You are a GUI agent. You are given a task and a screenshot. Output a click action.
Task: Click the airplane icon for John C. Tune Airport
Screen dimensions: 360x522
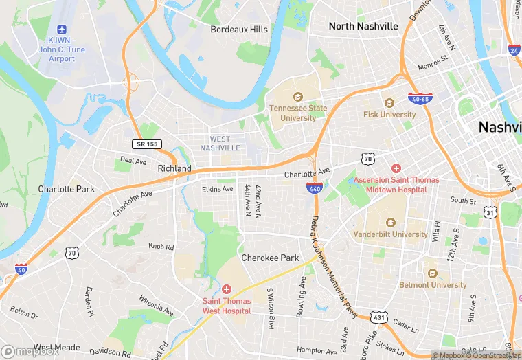tap(61, 30)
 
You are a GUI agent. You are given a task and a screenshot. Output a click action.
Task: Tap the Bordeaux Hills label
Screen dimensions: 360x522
tap(238, 30)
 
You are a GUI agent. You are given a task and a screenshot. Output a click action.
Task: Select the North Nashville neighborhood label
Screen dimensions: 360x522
tap(363, 26)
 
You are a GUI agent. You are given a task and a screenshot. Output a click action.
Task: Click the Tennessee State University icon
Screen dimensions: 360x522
tap(298, 97)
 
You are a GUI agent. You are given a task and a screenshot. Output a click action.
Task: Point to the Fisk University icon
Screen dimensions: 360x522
tap(389, 104)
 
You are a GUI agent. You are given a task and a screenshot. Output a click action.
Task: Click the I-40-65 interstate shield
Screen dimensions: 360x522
tap(420, 98)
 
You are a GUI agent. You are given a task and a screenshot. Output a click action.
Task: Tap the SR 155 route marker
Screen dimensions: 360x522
tap(146, 144)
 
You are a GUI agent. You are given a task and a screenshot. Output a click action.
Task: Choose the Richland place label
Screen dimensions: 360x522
tap(174, 168)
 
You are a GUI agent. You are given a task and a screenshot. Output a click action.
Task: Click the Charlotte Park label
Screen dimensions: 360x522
tap(66, 189)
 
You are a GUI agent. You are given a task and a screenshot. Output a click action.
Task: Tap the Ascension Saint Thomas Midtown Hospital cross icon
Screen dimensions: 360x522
tap(396, 168)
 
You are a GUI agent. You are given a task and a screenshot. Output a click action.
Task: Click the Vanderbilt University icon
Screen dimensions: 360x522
tap(391, 223)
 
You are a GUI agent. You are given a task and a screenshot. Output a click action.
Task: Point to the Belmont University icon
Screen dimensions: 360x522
tap(433, 273)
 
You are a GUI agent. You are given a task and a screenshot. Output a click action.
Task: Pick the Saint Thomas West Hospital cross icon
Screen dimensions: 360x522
tap(227, 289)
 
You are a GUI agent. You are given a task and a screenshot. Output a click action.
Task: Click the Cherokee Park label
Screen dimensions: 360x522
tap(270, 258)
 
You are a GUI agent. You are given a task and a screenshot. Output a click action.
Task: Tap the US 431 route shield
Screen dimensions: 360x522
tap(379, 319)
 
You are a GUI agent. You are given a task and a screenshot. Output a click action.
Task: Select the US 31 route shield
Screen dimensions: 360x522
tap(490, 213)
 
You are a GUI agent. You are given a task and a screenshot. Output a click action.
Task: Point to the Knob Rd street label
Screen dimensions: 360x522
tap(161, 246)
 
